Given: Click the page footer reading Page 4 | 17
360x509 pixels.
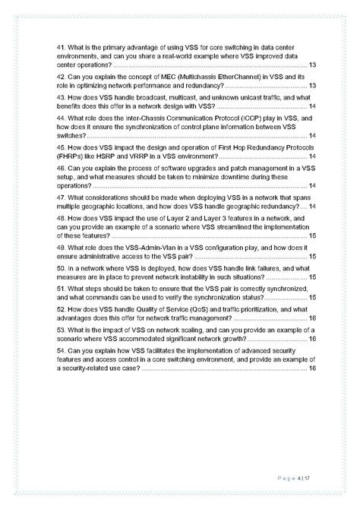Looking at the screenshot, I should click(x=298, y=477).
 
